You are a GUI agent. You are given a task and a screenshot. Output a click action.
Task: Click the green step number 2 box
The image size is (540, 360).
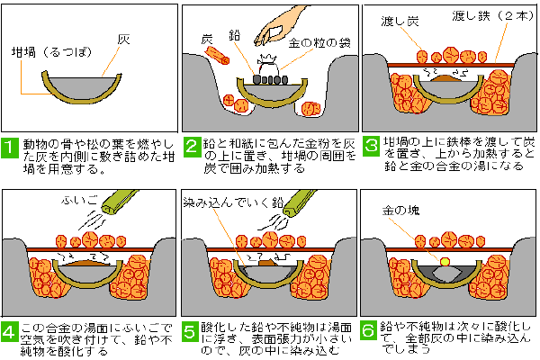coord(191,145)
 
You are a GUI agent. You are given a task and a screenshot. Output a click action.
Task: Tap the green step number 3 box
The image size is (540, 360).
coord(369,145)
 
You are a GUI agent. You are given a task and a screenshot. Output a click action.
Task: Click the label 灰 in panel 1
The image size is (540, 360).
coord(123,40)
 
